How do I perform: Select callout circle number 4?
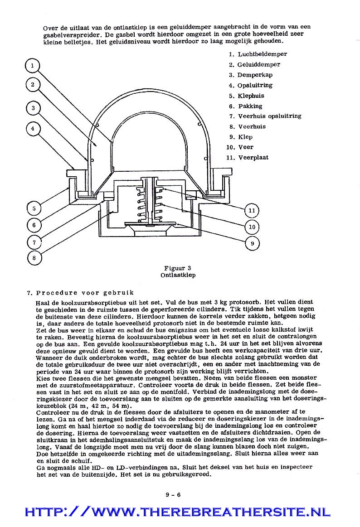32,129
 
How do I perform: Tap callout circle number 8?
34,258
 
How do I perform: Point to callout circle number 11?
252,210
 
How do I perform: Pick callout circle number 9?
252,243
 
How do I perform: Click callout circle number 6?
34,225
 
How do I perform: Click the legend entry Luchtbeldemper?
262,54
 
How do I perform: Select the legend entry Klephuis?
251,96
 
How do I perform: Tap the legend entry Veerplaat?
253,157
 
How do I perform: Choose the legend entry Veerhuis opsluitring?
269,116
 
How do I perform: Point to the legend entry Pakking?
250,106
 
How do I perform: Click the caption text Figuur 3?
178,268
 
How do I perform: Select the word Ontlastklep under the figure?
178,275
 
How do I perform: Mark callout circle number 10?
252,227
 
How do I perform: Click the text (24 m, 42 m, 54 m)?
101,406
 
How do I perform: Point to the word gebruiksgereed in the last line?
187,474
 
